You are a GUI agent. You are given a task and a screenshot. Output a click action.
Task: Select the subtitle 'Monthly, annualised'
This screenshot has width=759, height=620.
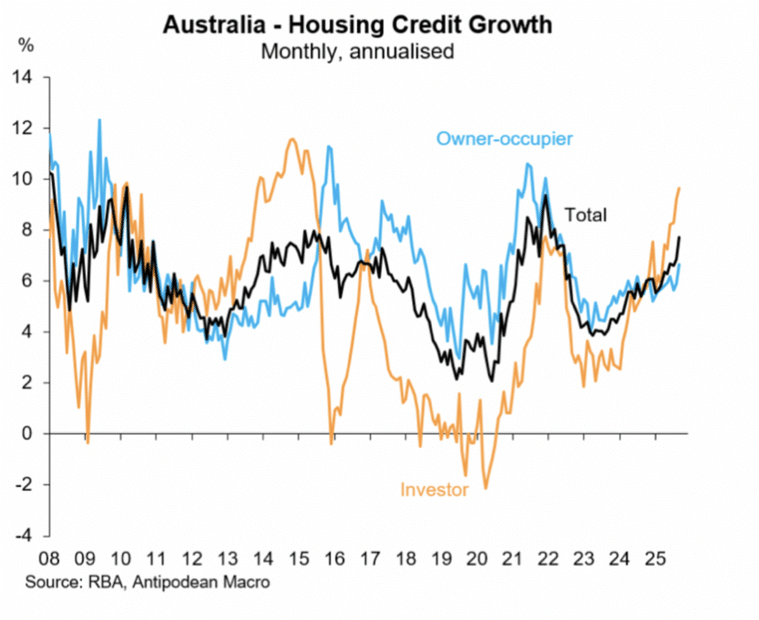pos(357,51)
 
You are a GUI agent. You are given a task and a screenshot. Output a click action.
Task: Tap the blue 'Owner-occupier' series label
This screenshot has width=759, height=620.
pos(505,138)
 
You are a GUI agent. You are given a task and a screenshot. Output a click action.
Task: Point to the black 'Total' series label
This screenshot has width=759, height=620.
pos(586,215)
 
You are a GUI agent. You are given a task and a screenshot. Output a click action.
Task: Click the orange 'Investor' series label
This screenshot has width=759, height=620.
pos(434,489)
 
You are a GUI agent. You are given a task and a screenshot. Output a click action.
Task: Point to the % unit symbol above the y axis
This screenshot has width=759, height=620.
pos(26,44)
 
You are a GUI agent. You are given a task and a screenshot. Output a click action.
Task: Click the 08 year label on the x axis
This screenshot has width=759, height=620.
pos(49,555)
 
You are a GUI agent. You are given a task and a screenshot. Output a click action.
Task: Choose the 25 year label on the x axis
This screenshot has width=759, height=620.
pos(654,555)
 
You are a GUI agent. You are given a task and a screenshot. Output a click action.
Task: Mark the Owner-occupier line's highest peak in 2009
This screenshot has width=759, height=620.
pos(99,119)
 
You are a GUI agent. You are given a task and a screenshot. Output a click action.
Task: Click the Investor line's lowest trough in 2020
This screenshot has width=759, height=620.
pos(486,488)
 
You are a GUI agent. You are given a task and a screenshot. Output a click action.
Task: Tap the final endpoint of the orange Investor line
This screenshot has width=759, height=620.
pos(680,188)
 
